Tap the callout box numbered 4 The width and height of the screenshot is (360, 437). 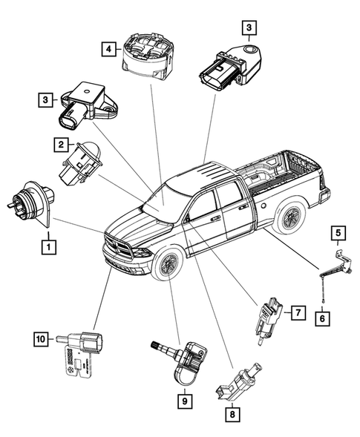point(110,49)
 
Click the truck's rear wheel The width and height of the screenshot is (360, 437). point(288,217)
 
